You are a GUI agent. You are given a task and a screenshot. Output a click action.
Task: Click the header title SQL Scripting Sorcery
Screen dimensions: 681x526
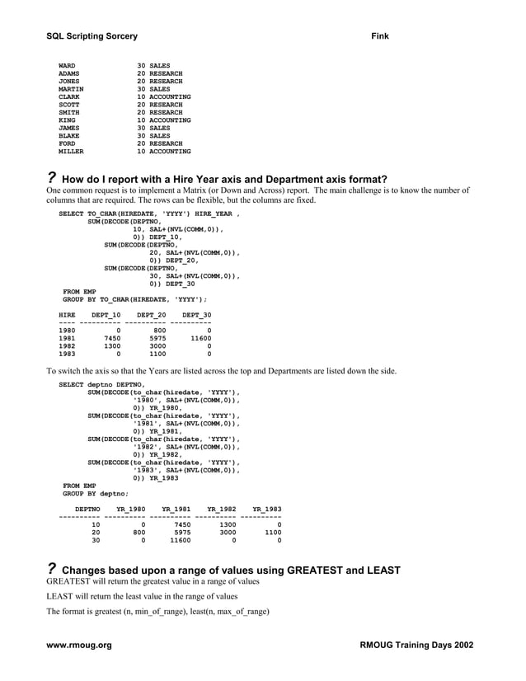(92, 36)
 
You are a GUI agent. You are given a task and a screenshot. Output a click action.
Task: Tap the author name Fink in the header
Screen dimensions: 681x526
(381, 36)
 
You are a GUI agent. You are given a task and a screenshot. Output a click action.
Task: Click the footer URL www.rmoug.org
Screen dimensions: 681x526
(79, 645)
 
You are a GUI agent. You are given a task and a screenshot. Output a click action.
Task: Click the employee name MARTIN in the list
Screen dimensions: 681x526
(71, 88)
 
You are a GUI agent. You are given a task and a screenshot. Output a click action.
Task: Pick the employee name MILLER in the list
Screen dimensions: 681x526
(71, 152)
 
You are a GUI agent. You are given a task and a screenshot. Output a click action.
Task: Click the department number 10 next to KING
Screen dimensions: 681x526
(141, 120)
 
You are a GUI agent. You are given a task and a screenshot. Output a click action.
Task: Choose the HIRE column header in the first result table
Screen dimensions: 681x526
(67, 315)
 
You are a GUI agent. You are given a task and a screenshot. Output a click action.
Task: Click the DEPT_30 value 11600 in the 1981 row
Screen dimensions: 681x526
(200, 338)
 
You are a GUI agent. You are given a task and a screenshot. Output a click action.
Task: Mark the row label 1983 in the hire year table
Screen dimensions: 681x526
(67, 354)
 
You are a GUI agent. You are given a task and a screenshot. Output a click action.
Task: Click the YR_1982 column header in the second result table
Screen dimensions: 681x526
(221, 509)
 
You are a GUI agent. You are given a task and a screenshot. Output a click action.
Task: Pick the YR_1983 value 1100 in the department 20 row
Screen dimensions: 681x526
(272, 533)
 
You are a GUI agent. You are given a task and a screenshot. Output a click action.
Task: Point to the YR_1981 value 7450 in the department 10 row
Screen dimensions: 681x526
(180, 524)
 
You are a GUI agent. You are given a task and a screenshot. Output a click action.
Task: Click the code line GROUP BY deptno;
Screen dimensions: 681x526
(96, 493)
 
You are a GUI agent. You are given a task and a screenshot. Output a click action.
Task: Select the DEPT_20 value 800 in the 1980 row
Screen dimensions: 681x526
(160, 331)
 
